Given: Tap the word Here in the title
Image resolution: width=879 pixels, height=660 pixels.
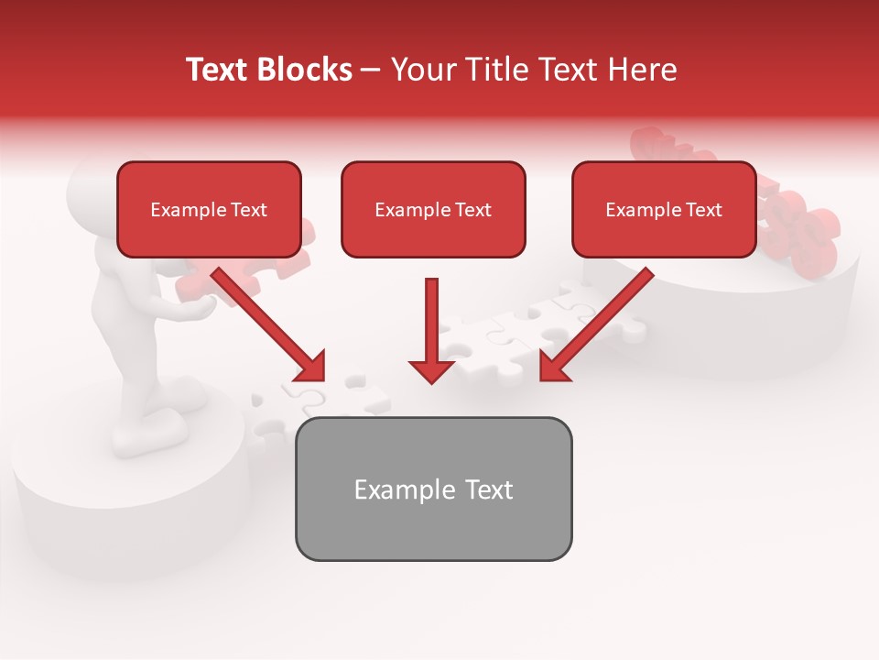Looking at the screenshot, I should [641, 70].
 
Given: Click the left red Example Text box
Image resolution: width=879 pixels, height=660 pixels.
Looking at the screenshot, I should [209, 210].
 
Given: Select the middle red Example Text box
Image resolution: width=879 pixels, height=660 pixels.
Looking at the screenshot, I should [433, 210].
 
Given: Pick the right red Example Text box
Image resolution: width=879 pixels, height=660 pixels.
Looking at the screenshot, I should [664, 210].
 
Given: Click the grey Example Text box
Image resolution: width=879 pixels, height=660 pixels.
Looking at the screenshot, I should [433, 489].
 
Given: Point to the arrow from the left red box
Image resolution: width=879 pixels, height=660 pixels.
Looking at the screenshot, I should [266, 321].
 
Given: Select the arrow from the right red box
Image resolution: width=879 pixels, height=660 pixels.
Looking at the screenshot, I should [600, 321].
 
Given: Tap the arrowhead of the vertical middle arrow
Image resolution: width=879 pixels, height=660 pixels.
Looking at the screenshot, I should [431, 369].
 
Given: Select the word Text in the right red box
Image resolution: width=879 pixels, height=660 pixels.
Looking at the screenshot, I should [703, 210].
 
